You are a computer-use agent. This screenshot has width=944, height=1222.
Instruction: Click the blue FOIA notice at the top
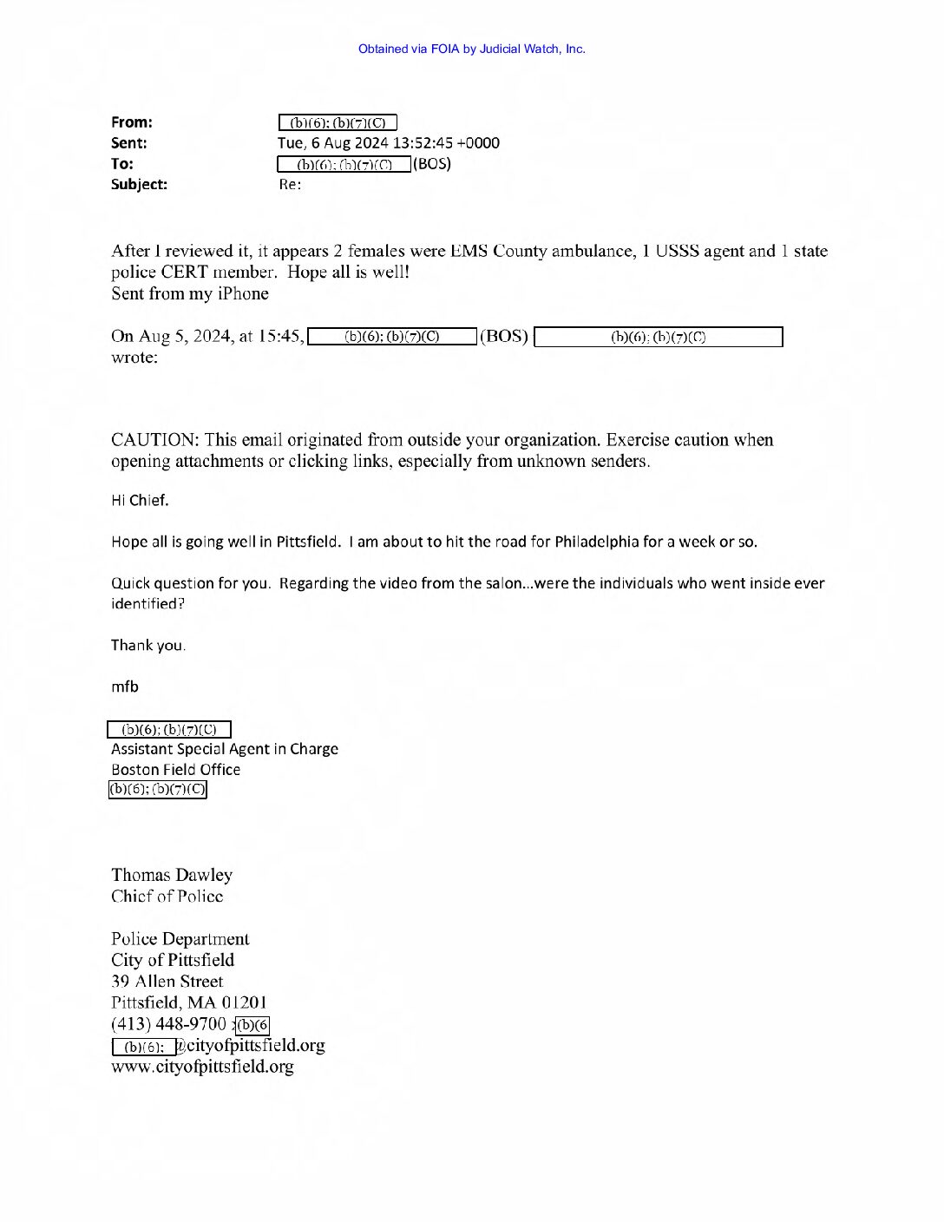pyautogui.click(x=471, y=49)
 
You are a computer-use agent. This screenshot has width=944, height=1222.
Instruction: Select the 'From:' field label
pyautogui.click(x=131, y=122)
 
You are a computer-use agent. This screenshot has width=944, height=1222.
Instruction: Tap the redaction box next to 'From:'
pyautogui.click(x=338, y=123)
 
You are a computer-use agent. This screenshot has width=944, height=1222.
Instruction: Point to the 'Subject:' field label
pyautogui.click(x=139, y=184)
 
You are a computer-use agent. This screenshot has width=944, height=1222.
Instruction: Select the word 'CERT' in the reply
pyautogui.click(x=184, y=273)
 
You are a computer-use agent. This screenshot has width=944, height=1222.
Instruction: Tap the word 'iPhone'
pyautogui.click(x=242, y=294)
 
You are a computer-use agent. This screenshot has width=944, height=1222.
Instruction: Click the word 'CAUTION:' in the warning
pyautogui.click(x=154, y=440)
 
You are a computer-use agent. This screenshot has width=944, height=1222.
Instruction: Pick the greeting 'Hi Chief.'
pyautogui.click(x=140, y=501)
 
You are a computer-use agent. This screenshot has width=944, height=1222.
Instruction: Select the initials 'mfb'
pyautogui.click(x=125, y=687)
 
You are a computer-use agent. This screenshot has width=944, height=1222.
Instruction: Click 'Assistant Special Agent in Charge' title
pyautogui.click(x=225, y=749)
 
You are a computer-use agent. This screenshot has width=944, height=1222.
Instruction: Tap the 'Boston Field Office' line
pyautogui.click(x=175, y=770)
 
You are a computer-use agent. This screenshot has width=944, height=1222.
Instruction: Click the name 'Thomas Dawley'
pyautogui.click(x=172, y=875)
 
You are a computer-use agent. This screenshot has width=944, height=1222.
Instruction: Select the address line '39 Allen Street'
pyautogui.click(x=167, y=982)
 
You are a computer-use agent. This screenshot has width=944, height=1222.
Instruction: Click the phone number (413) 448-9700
pyautogui.click(x=168, y=1024)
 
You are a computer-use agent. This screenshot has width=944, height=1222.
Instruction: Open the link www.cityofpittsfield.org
pyautogui.click(x=202, y=1067)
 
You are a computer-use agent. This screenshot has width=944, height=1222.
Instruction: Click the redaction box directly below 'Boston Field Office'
pyautogui.click(x=157, y=790)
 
